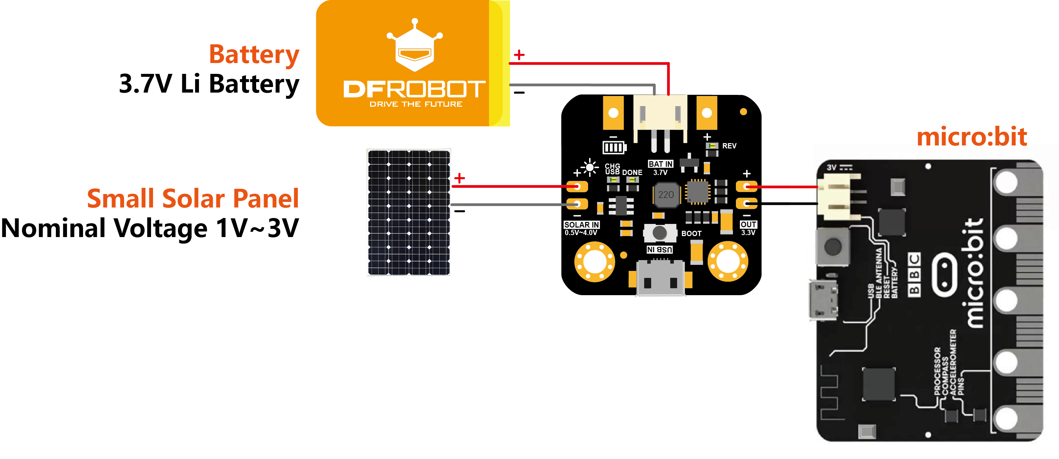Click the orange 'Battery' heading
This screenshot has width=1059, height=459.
254,55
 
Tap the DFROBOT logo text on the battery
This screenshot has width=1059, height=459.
414,89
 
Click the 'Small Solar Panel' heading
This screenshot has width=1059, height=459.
192,199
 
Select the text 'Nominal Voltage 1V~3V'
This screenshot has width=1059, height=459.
150,228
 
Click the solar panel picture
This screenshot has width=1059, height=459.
408,212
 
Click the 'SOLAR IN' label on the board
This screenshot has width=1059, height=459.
581,225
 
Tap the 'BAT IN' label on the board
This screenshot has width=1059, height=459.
660,164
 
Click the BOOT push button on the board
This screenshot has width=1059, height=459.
659,233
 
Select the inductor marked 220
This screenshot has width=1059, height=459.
666,194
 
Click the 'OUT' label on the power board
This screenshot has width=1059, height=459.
748,224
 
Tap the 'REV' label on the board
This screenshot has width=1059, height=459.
729,146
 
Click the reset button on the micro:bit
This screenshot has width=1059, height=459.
833,246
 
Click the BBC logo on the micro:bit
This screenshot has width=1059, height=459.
914,274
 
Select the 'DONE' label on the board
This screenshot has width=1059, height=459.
632,173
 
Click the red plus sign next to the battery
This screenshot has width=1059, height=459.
519,55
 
